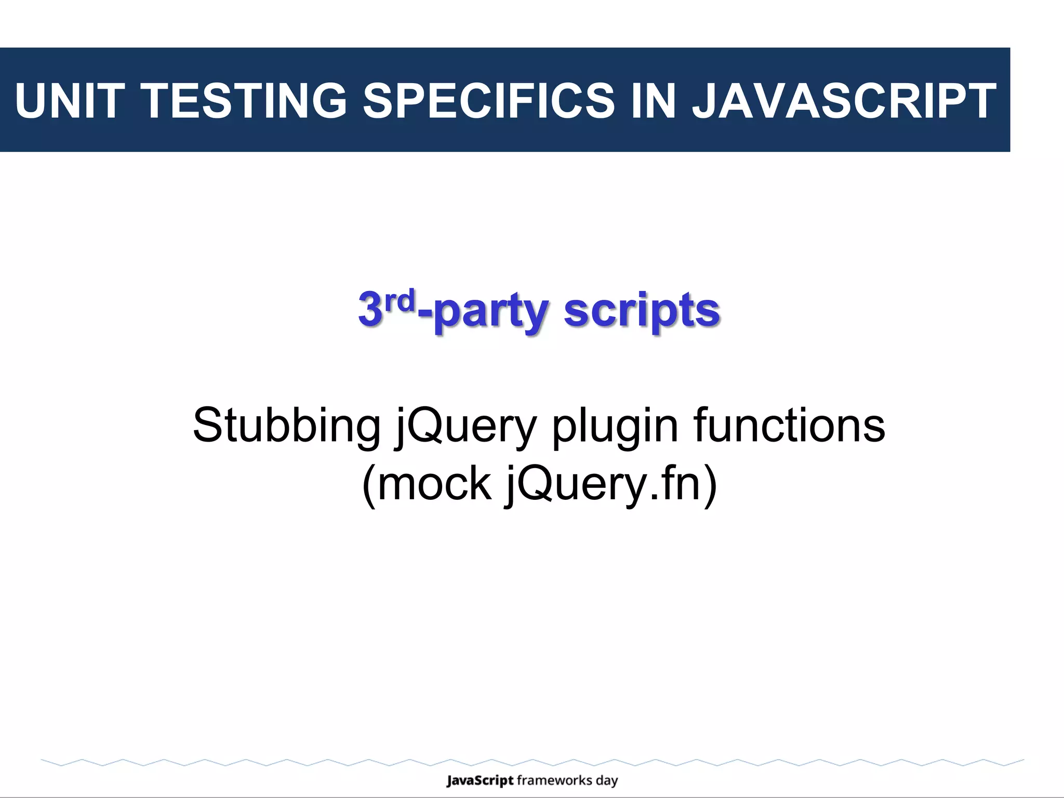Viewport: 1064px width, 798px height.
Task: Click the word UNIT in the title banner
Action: [70, 100]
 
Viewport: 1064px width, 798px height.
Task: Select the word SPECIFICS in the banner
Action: [489, 100]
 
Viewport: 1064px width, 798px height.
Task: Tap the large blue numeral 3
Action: [370, 310]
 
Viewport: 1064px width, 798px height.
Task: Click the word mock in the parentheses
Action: [434, 484]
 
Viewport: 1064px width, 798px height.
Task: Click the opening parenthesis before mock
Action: [368, 485]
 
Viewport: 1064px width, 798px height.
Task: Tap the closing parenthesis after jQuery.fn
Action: [710, 485]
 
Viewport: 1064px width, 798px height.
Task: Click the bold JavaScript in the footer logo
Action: [480, 781]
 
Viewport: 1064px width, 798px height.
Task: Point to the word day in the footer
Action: [607, 781]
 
